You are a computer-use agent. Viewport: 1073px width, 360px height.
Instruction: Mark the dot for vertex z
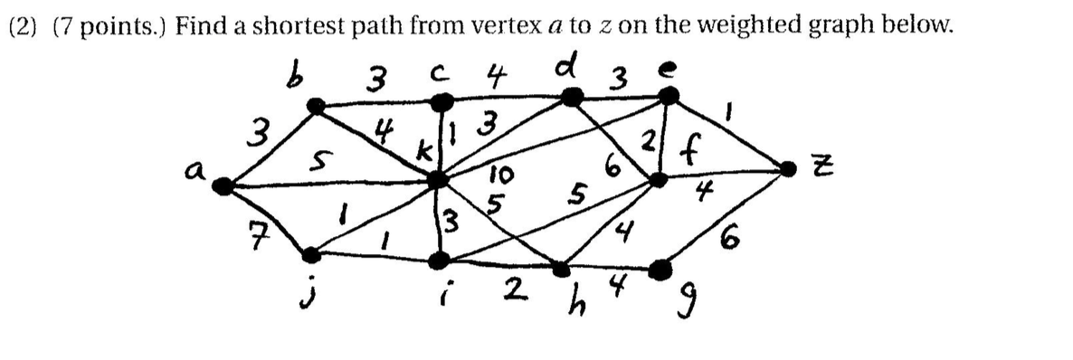tap(791, 166)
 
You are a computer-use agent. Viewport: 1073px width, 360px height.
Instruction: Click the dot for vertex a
tap(222, 186)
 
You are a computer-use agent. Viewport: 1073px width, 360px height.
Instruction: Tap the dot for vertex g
tap(663, 269)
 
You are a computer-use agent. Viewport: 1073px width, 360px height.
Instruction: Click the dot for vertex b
tap(315, 108)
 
